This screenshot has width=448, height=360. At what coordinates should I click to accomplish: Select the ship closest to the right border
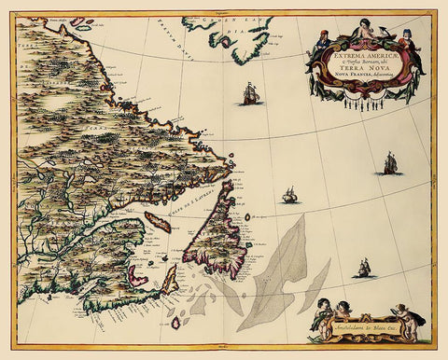(390, 163)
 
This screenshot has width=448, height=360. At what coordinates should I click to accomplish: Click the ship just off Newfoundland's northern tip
(290, 196)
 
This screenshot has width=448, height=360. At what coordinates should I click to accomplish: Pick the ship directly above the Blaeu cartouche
(364, 268)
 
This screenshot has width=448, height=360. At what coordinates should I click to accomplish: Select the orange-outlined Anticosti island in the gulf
(158, 222)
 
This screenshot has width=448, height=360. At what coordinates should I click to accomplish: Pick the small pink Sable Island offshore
(175, 323)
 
